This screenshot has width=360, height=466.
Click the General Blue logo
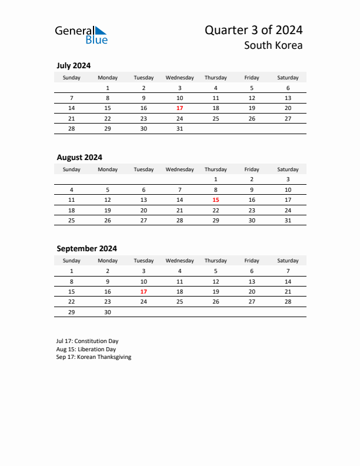81,34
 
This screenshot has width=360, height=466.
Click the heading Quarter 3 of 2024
254,30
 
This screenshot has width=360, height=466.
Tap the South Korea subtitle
274,45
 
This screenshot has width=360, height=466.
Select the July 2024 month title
74,65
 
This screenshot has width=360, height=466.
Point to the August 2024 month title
79,157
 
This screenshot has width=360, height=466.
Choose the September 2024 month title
86,248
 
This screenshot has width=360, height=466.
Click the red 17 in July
179,108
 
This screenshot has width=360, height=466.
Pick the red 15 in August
215,200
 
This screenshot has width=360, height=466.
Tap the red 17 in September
144,291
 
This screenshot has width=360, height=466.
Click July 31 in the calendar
179,128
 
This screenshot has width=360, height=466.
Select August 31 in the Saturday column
288,220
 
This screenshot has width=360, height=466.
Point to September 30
108,312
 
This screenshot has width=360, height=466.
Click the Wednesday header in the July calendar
179,78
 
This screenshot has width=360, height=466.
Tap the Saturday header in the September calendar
288,261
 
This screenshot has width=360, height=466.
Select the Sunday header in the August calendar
72,169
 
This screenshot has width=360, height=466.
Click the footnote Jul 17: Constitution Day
88,341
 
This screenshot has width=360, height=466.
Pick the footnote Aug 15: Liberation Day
86,349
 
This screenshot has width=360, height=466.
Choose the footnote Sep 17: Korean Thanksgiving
94,357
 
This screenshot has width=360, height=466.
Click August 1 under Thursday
215,179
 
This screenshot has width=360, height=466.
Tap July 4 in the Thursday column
215,88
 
